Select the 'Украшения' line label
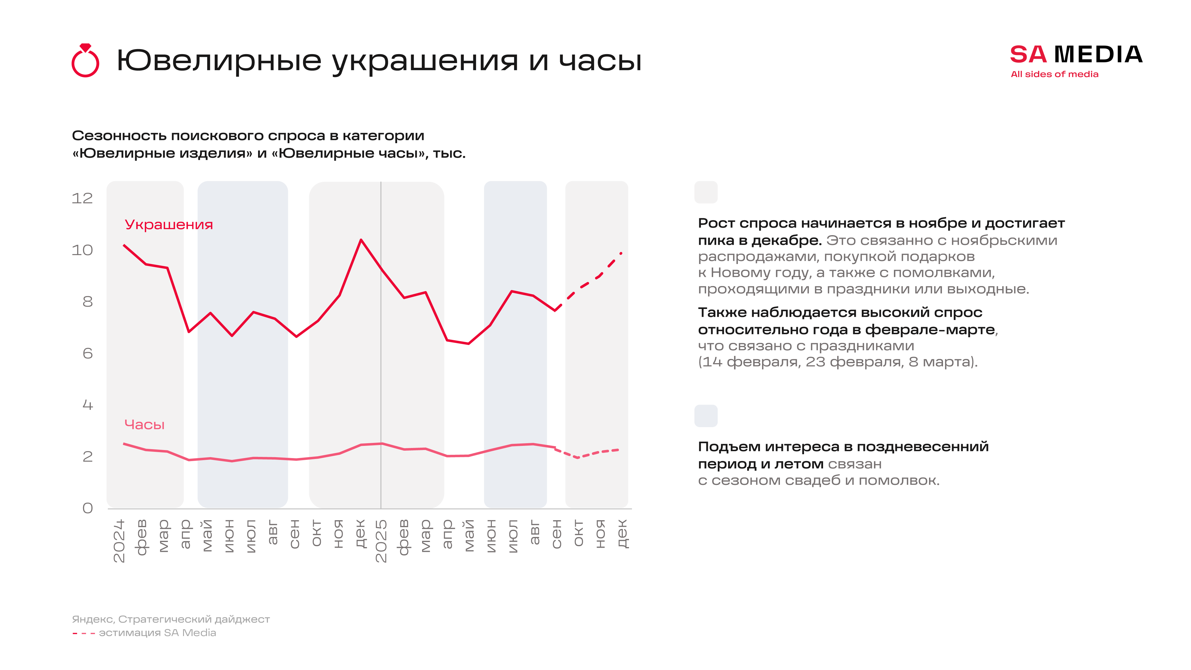pos(169,225)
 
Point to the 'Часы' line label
pos(144,424)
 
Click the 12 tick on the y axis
pos(82,198)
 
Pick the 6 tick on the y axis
pos(88,354)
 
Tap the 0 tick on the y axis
pos(88,508)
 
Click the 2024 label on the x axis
pos(119,541)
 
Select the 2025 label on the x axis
pos(381,541)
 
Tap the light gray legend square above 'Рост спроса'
pos(705,192)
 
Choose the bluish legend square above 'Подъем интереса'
pos(705,416)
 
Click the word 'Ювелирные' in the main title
pos(219,61)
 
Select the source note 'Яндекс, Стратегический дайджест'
pos(171,619)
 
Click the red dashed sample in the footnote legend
pos(84,633)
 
